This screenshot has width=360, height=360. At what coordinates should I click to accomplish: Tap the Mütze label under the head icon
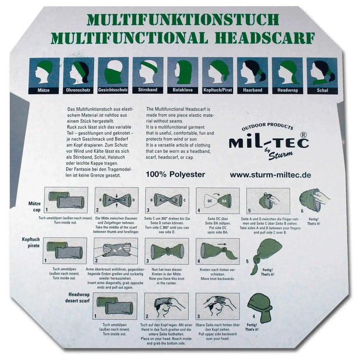pos(45,89)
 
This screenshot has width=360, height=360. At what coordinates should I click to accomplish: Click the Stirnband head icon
pos(148,71)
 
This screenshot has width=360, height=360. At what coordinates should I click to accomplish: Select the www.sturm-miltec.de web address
pos(270,174)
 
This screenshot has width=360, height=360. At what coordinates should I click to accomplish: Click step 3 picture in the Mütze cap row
pos(167,200)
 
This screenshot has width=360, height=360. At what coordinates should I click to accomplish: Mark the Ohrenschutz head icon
pos(79,71)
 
